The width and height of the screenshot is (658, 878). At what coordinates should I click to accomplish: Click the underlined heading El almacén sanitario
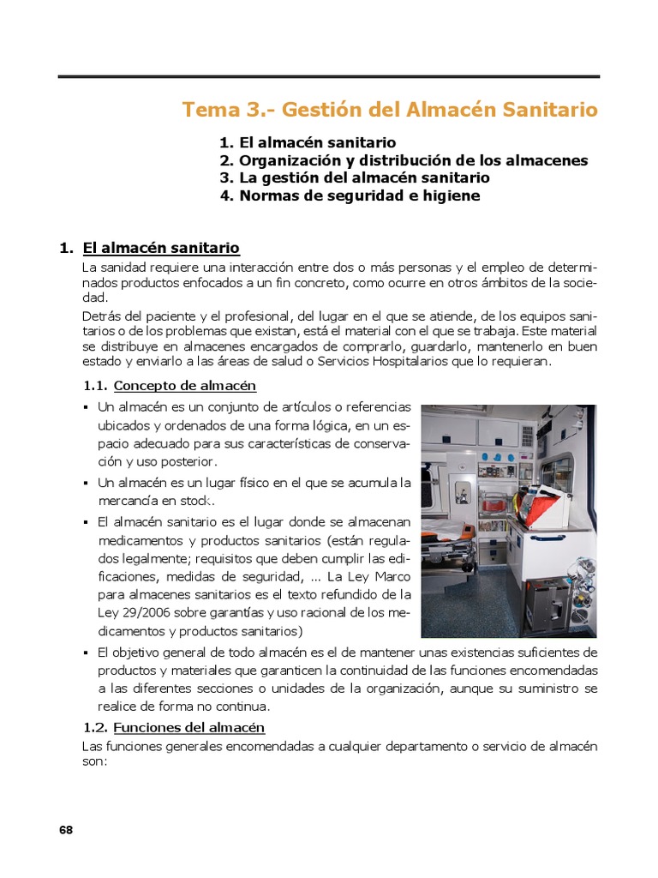click(x=161, y=248)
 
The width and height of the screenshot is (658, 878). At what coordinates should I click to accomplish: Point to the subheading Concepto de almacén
click(x=185, y=385)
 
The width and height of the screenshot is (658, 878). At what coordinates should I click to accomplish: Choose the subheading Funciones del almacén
click(x=189, y=727)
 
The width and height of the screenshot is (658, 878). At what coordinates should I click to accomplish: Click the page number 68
click(x=66, y=829)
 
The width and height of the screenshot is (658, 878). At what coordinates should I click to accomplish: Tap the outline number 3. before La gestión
click(x=226, y=177)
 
